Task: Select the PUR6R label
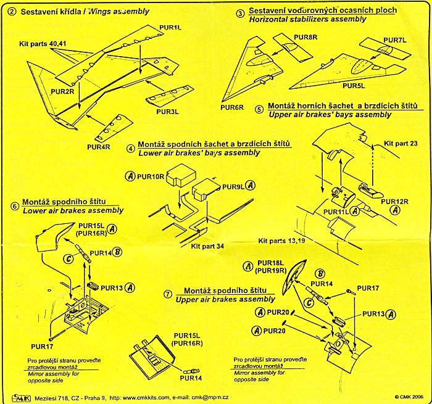click(x=233, y=107)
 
